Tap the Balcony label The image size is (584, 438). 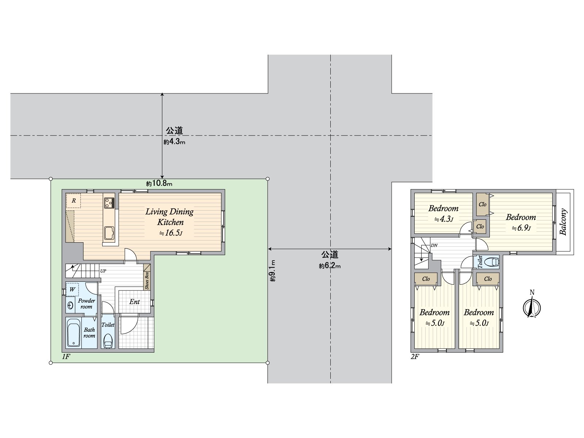(563, 222)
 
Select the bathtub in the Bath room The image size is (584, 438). (74, 333)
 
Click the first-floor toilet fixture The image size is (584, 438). (108, 341)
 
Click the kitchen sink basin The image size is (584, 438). (109, 233)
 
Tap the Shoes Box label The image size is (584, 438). (147, 280)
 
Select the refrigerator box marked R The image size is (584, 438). (73, 201)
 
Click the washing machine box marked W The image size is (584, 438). (72, 289)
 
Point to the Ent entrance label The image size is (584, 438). (134, 302)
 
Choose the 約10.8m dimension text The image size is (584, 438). (159, 184)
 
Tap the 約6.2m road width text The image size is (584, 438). (330, 266)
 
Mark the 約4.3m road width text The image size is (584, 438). (174, 142)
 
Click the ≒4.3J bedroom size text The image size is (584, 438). (443, 219)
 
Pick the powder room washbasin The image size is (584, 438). (70, 305)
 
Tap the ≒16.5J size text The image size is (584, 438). (170, 233)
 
